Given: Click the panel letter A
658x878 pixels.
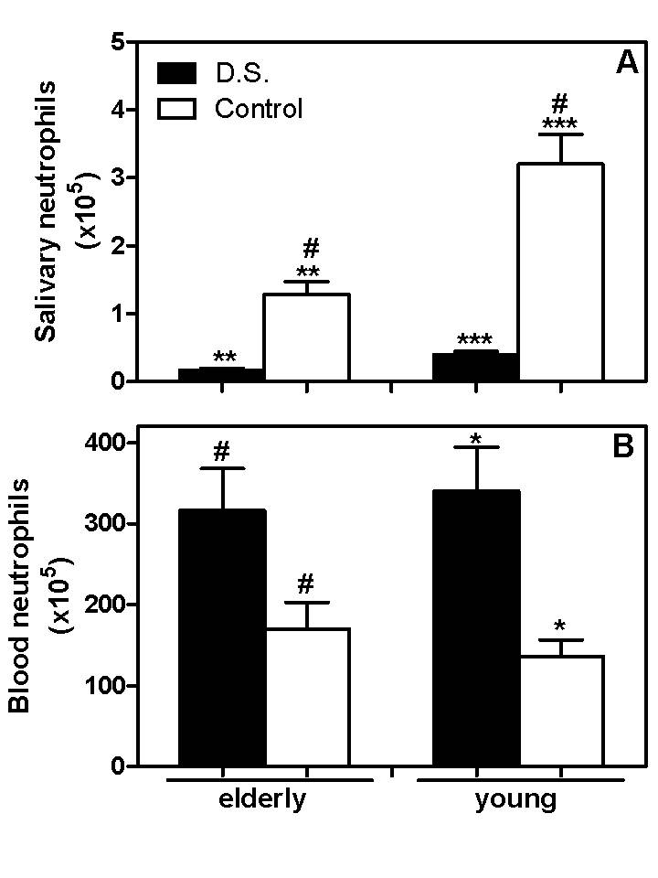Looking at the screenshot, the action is [x=627, y=63].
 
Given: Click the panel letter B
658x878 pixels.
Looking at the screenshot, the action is [x=624, y=447].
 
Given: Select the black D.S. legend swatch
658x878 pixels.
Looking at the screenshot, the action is [x=176, y=73].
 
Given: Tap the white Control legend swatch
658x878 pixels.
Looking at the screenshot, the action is [x=176, y=108].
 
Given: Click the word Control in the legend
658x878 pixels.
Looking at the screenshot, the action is [x=259, y=108].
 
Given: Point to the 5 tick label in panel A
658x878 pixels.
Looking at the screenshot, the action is [x=118, y=42].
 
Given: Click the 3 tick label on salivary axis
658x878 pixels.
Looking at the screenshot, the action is [x=118, y=177].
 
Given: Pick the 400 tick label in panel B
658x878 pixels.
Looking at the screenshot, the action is [x=104, y=443].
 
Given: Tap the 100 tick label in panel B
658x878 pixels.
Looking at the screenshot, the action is [x=104, y=685].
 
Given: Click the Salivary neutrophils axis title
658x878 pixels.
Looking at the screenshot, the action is [x=46, y=211].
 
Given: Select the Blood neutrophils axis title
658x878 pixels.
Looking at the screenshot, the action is [x=19, y=594].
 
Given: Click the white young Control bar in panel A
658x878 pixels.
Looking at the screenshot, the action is [x=561, y=273].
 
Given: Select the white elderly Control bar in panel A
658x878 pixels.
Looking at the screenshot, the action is [x=307, y=337].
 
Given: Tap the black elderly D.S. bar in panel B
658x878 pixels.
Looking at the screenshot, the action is [x=222, y=637].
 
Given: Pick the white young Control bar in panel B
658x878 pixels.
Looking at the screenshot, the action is [x=561, y=711].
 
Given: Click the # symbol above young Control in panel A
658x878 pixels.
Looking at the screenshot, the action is [x=559, y=104].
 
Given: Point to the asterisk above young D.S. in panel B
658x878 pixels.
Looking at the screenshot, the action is [x=476, y=439].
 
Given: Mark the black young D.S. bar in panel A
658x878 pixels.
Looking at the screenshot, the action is [x=476, y=367].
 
